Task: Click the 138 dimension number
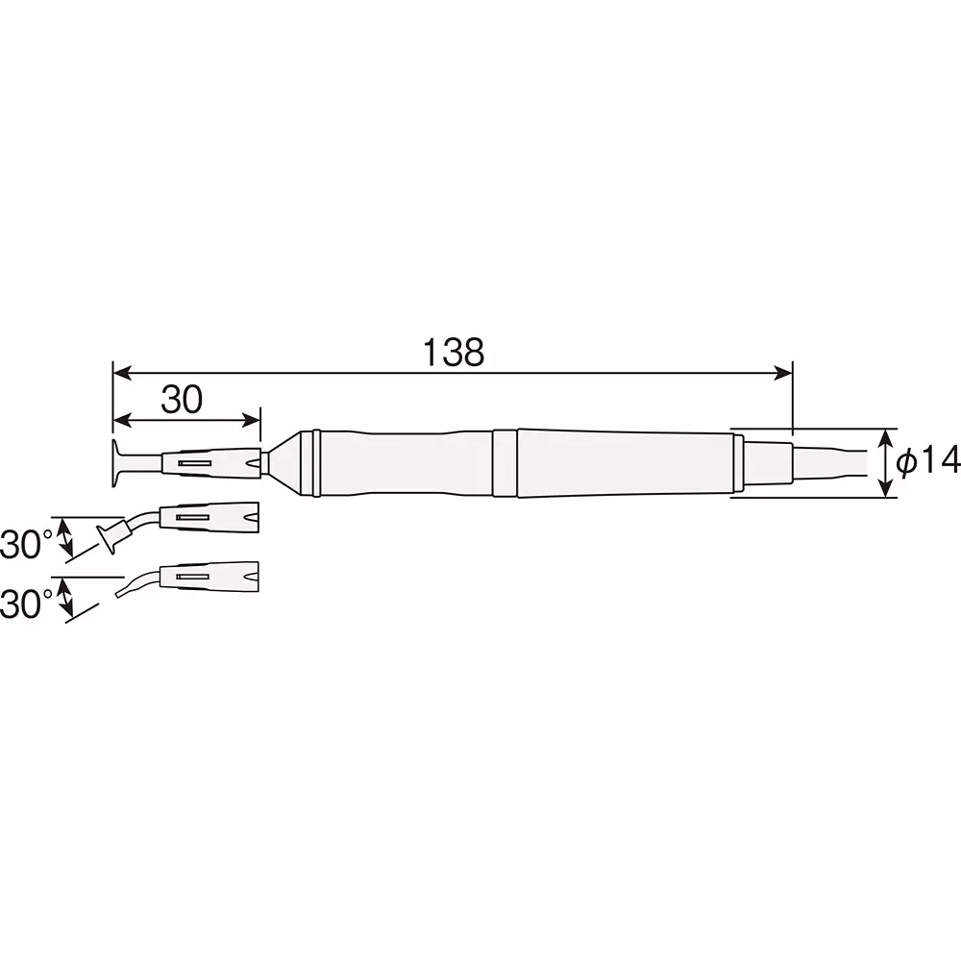pyautogui.click(x=454, y=353)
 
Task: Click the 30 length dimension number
pyautogui.click(x=182, y=400)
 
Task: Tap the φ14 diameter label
pyautogui.click(x=927, y=461)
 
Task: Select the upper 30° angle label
pyautogui.click(x=26, y=544)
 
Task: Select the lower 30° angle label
pyautogui.click(x=26, y=604)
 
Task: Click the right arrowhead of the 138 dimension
pyautogui.click(x=783, y=373)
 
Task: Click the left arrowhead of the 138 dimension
pyautogui.click(x=123, y=373)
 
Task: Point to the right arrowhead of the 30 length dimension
pyautogui.click(x=251, y=421)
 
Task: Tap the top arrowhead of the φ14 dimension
pyautogui.click(x=886, y=439)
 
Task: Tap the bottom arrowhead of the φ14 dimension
pyautogui.click(x=886, y=487)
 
